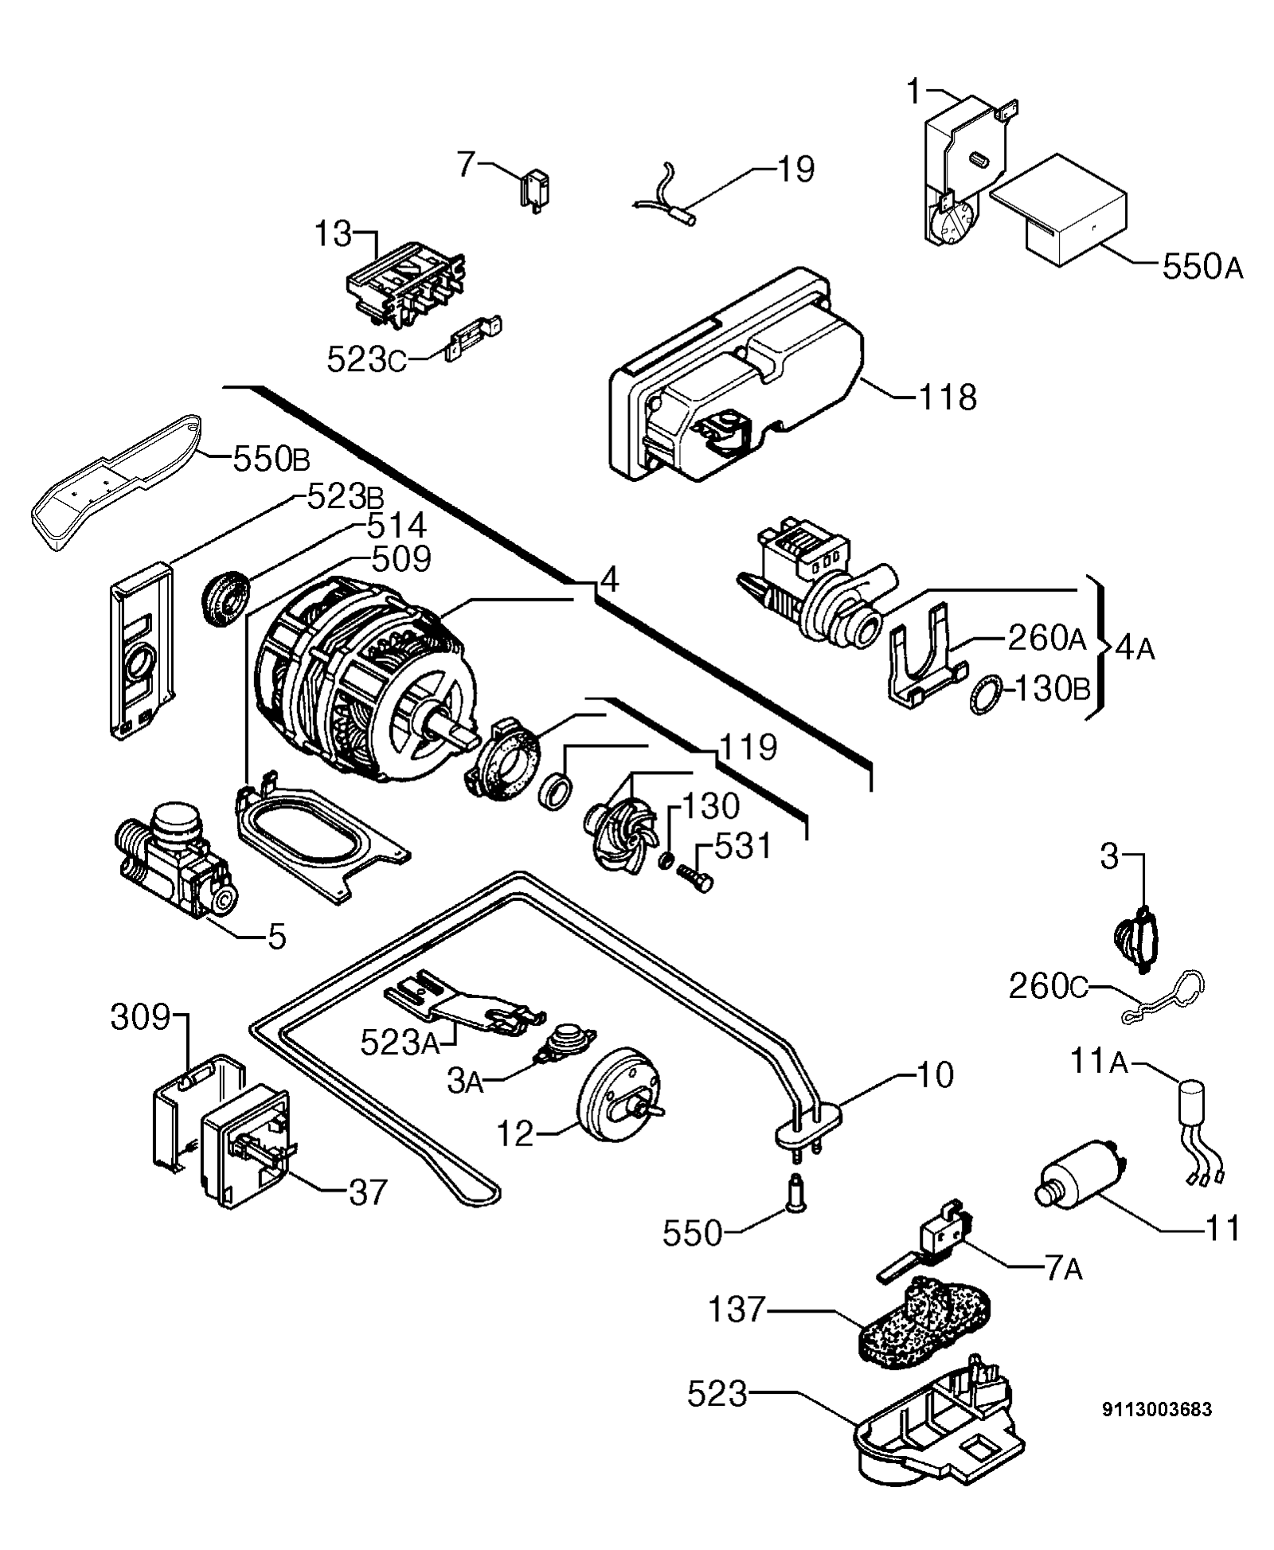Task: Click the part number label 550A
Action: tap(1202, 268)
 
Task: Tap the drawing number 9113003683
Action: tap(1157, 1410)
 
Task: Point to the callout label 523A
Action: tap(399, 1042)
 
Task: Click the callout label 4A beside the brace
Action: tap(1134, 649)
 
